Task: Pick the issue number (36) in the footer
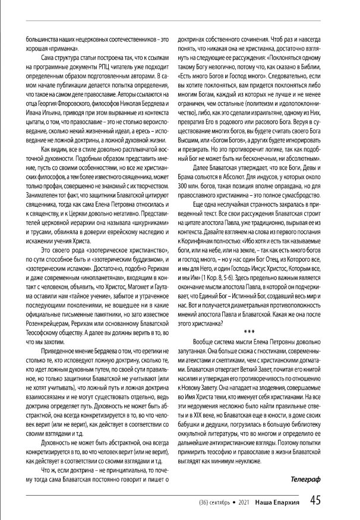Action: tap(197, 503)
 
